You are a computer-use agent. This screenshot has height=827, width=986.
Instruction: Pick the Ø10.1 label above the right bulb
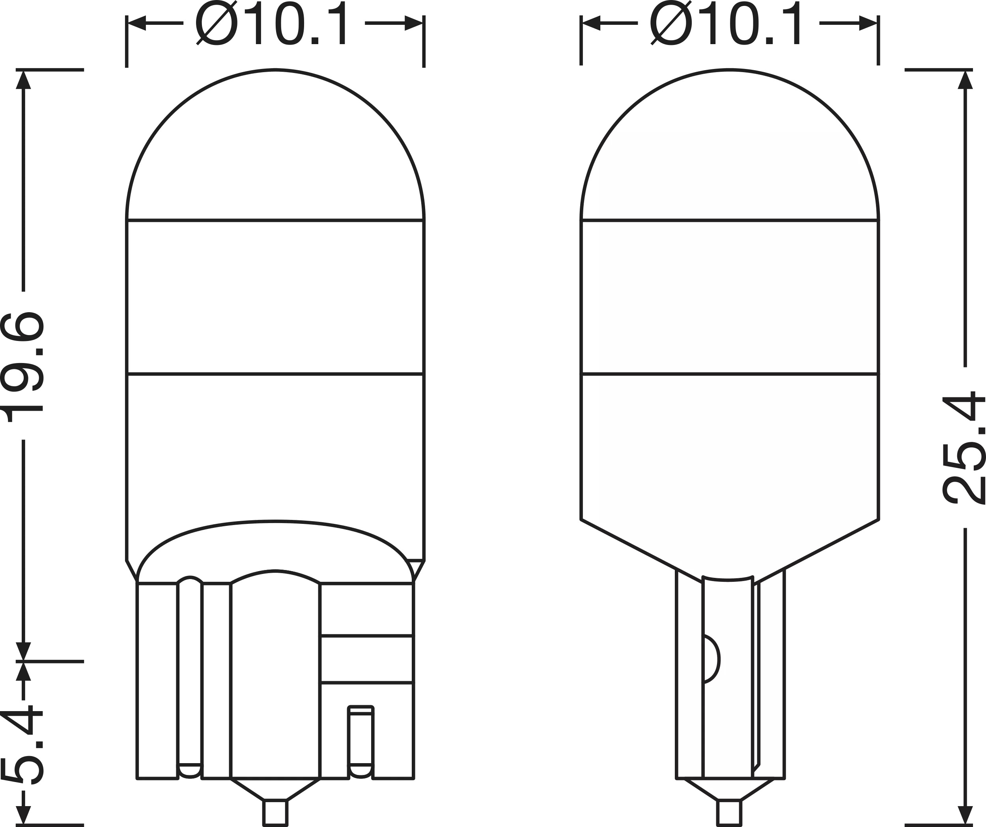coord(727,22)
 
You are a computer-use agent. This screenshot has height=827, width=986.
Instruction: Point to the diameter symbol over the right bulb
coord(671,22)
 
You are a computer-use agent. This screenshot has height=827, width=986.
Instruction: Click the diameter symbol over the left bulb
coord(217,22)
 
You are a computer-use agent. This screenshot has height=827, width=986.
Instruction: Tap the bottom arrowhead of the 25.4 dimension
coord(965,815)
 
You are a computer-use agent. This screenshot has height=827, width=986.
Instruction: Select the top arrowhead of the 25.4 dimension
coord(965,80)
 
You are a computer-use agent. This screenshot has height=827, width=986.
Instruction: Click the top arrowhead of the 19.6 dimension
coord(23,80)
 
